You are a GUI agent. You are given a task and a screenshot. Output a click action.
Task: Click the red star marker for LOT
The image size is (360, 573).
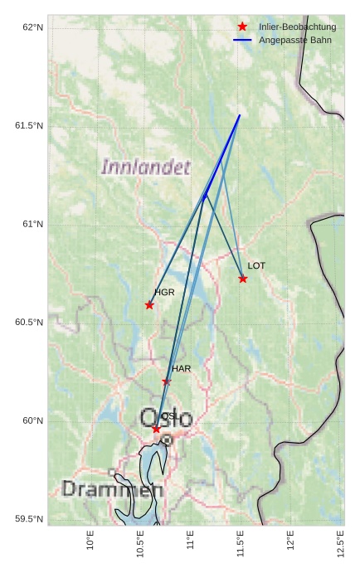tap(243, 279)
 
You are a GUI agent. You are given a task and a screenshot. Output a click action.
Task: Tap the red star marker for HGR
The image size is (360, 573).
tap(149, 305)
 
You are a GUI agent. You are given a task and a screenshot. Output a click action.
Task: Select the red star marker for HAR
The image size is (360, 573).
tap(167, 381)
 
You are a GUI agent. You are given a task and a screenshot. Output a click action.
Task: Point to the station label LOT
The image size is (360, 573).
tap(256, 265)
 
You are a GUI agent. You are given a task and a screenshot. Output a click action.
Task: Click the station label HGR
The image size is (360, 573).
tap(164, 293)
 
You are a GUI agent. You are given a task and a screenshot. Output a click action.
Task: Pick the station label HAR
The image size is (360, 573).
tap(182, 368)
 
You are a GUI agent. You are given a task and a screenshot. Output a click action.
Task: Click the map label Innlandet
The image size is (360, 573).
tap(145, 168)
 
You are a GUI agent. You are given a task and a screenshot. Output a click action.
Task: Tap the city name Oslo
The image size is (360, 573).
tap(166, 418)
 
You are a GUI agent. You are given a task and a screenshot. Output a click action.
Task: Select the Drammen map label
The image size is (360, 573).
tap(112, 490)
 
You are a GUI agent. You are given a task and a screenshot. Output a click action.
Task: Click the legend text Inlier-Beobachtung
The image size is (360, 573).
tap(297, 27)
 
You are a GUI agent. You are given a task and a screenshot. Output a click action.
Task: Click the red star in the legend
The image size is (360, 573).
tap(242, 27)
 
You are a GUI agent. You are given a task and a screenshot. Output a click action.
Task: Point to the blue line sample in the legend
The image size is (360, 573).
tap(242, 40)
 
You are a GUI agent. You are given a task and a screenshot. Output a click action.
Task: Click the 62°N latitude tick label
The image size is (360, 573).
tap(33, 27)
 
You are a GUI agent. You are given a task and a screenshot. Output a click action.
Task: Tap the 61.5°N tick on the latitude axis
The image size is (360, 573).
tap(30, 126)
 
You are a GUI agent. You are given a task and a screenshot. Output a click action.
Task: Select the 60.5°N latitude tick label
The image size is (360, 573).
tap(30, 323)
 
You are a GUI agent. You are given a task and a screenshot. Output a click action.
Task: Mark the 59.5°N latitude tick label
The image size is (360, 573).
tap(30, 519)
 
